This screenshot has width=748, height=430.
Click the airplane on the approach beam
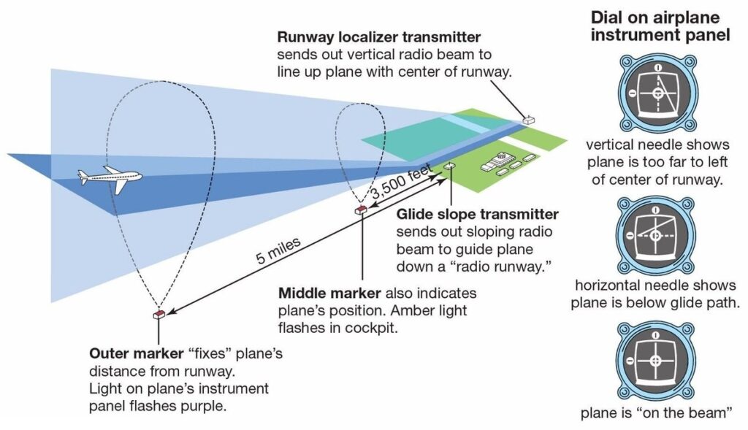tap(110, 176)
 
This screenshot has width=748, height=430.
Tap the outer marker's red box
tap(158, 315)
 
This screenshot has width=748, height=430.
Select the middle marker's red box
tap(360, 210)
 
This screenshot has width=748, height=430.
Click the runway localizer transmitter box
tap(527, 119)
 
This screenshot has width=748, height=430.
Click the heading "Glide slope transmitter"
tap(477, 215)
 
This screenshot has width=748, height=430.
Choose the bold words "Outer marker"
tap(134, 354)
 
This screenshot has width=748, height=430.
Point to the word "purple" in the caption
tap(206, 404)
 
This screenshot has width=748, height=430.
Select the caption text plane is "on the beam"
tap(656, 413)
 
